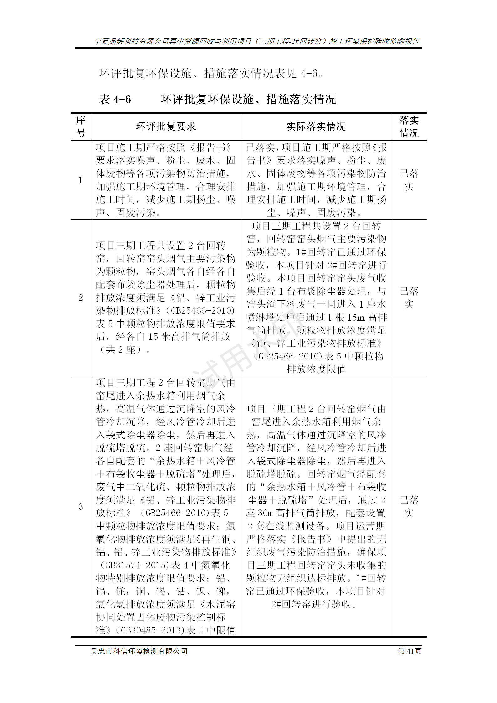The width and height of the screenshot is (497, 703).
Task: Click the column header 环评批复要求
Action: point(166,127)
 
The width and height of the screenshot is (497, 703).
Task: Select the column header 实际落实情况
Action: point(316,127)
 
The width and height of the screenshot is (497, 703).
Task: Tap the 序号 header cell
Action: point(81,127)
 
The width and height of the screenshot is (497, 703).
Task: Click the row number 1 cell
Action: point(81,180)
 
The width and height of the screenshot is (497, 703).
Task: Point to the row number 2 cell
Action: point(81,297)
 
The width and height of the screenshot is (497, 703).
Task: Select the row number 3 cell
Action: point(81,506)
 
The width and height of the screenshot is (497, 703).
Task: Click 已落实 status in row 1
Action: point(409,180)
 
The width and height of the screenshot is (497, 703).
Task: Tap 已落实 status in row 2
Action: point(409,297)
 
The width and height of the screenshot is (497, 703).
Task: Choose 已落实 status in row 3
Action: point(409,506)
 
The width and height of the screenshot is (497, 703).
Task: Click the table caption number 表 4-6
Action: point(115,100)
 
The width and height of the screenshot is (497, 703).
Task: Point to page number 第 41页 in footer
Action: point(409,651)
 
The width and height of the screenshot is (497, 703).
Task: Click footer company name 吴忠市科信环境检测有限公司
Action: point(139,651)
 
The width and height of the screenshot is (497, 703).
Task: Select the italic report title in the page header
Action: point(257,41)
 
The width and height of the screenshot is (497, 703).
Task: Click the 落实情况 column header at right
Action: point(409,127)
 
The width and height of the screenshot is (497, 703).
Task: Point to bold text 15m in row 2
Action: point(356,317)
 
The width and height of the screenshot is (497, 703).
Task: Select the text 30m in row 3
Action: point(265,513)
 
